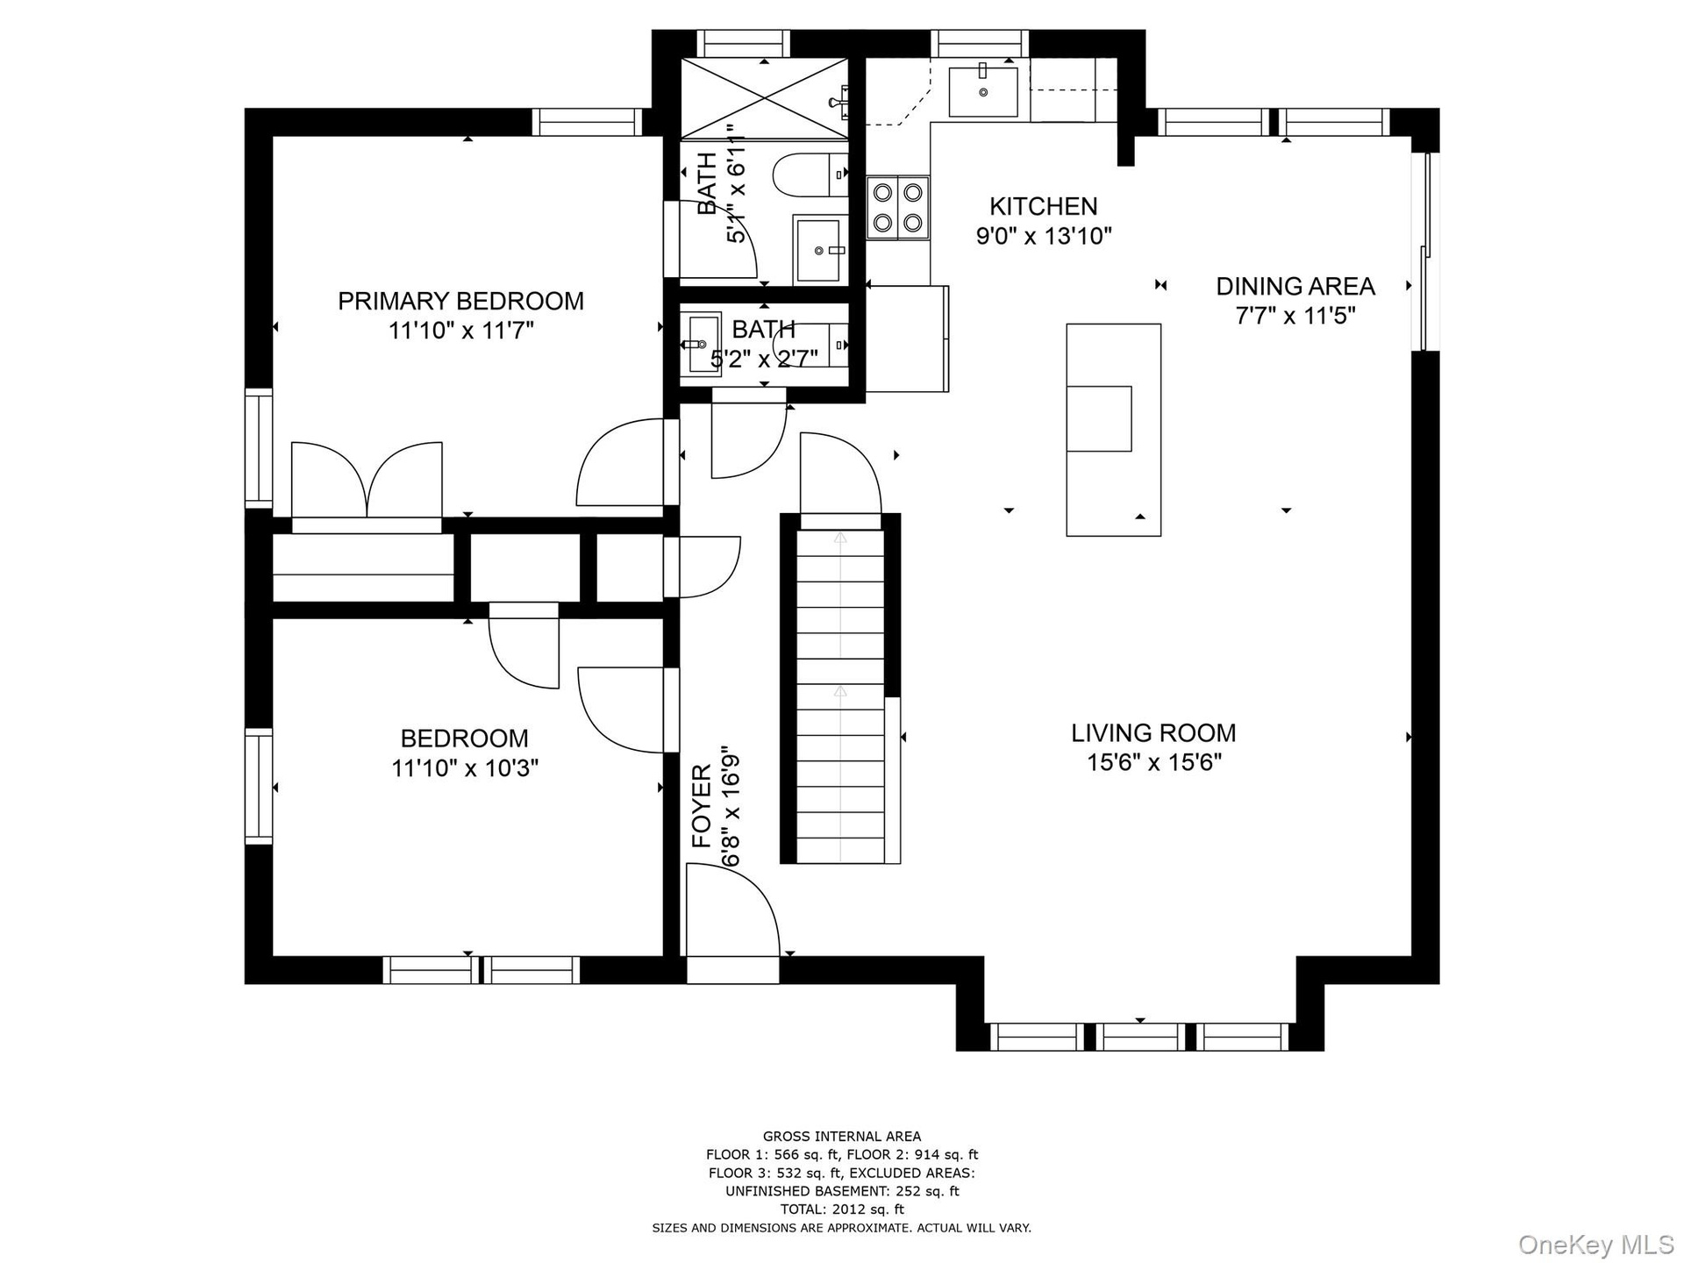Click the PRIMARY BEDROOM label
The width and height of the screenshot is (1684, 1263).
[x=460, y=301]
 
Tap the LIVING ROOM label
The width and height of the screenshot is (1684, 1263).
[x=1153, y=732]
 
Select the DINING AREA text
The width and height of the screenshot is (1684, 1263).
[x=1295, y=286]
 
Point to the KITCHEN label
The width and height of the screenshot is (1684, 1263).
[x=1043, y=206]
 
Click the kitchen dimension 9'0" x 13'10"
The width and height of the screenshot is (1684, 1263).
[x=1044, y=236]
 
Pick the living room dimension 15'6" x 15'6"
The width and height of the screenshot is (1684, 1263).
[x=1154, y=762]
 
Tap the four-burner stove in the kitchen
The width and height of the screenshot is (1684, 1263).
[x=898, y=208]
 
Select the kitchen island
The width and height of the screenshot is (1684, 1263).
[x=1114, y=430]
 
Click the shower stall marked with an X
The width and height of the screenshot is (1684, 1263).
[x=765, y=98]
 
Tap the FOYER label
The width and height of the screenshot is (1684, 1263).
[x=703, y=805]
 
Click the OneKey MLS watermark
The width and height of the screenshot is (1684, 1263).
[x=1595, y=1243]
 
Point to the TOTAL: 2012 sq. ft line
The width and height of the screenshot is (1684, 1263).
[x=842, y=1209]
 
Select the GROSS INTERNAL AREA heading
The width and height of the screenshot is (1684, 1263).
[x=842, y=1137]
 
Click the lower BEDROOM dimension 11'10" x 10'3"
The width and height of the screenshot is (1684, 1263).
[x=465, y=768]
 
